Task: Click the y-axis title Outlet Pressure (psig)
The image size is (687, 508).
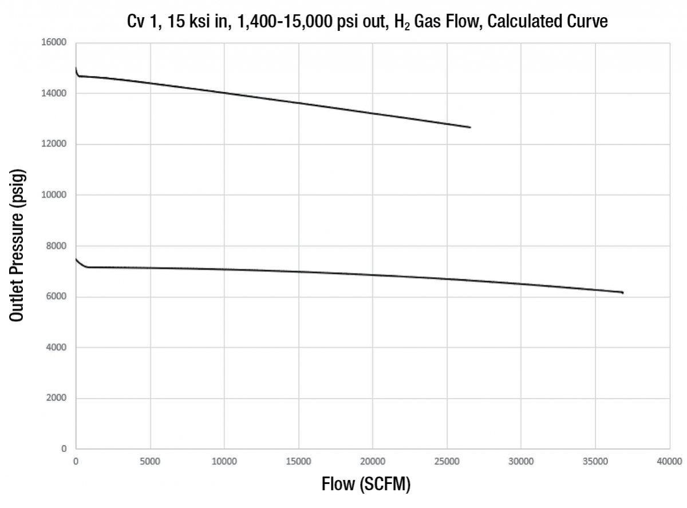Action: coord(18,246)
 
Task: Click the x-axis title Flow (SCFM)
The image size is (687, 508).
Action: coord(366,485)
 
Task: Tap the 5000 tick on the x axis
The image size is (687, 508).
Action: coord(150,460)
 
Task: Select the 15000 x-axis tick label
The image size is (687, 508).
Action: coord(298,460)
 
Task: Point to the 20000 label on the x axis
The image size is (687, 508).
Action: coord(373,460)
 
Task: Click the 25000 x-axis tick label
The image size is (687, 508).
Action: coord(447,460)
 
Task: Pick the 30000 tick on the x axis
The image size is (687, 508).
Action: coord(521,460)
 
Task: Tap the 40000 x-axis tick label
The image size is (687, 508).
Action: coord(669,460)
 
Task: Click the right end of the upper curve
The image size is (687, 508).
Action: coord(470,127)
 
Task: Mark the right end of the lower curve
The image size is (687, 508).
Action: coord(622,293)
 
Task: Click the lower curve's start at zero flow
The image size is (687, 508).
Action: coord(76,259)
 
